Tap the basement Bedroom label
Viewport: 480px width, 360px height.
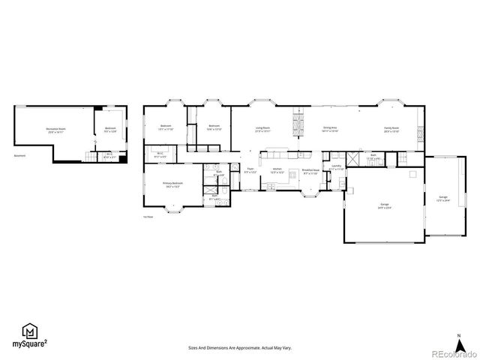click(110, 129)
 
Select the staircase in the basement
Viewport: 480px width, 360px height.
click(93, 156)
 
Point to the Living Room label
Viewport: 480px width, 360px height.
click(262, 128)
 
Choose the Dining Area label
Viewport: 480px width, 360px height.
click(330, 128)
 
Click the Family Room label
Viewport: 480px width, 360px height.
click(391, 128)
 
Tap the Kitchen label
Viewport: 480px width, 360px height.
click(277, 170)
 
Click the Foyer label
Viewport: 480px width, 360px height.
click(250, 171)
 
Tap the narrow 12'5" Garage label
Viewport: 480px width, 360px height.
click(443, 199)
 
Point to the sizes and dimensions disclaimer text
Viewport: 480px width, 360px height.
click(239, 348)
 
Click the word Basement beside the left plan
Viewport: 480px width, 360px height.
click(19, 156)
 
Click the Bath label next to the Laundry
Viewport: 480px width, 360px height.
click(373, 157)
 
